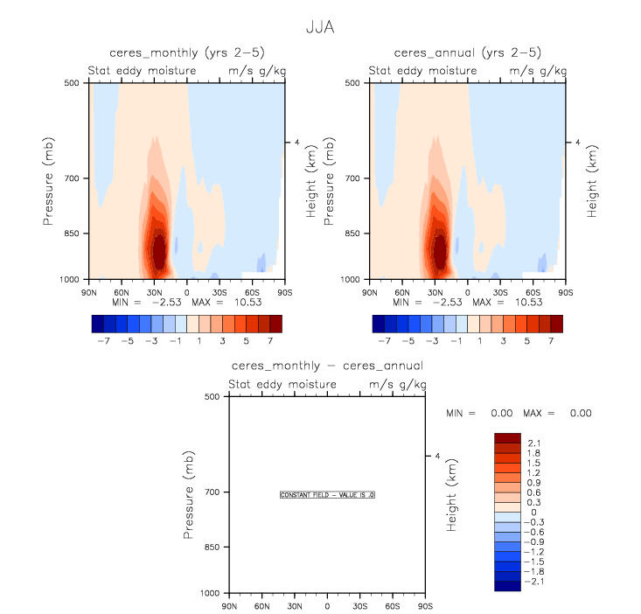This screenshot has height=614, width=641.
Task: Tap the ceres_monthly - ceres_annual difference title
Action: [x=327, y=366]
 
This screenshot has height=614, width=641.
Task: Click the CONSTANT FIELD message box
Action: [x=327, y=495]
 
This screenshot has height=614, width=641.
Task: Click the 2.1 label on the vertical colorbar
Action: [x=534, y=443]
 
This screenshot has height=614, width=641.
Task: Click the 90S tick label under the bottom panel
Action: [x=424, y=605]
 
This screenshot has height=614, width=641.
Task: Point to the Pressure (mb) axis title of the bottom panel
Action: [x=191, y=495]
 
